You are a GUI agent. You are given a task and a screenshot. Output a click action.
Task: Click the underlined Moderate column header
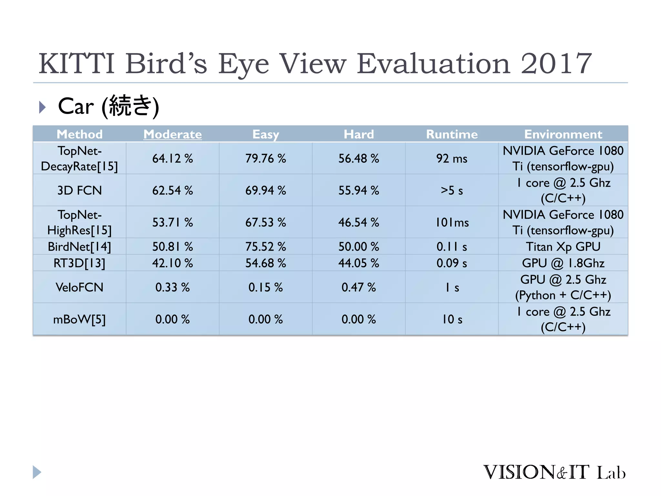[x=173, y=134]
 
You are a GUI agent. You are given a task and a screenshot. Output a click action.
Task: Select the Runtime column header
[x=452, y=134]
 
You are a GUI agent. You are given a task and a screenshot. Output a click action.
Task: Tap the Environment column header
[x=563, y=134]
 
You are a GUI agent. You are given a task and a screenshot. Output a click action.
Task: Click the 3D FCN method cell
[x=79, y=191]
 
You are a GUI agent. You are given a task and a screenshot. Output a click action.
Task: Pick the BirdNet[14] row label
[x=79, y=247]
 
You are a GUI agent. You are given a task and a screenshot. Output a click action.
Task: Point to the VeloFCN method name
[x=79, y=287]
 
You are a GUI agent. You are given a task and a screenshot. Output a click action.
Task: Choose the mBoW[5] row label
[x=79, y=319]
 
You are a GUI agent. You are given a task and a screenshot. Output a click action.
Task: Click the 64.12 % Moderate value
[x=173, y=159]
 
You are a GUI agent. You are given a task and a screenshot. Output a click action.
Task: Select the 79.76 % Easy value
[x=266, y=159]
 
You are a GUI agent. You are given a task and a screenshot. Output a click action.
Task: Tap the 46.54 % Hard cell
[x=359, y=222]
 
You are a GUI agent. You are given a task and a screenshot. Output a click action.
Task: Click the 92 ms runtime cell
[x=452, y=159]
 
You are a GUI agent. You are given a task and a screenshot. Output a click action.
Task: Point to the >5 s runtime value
[x=452, y=191]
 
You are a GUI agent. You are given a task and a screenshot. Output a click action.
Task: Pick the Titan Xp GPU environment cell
[x=563, y=247]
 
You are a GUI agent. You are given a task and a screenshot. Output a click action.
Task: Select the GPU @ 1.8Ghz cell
[x=563, y=263]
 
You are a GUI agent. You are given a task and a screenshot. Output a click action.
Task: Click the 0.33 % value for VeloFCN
[x=173, y=287]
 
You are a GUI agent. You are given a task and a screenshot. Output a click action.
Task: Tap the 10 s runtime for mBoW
[x=452, y=319]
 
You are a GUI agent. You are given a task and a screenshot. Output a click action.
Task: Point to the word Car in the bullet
[x=76, y=106]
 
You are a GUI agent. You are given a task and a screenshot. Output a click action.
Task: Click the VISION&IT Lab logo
[x=554, y=472]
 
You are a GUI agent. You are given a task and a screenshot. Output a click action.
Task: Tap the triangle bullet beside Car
[x=42, y=107]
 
